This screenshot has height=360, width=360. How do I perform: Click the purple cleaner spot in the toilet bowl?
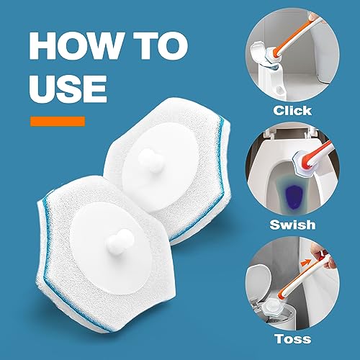292,192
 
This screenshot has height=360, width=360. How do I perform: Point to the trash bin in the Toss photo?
292,313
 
